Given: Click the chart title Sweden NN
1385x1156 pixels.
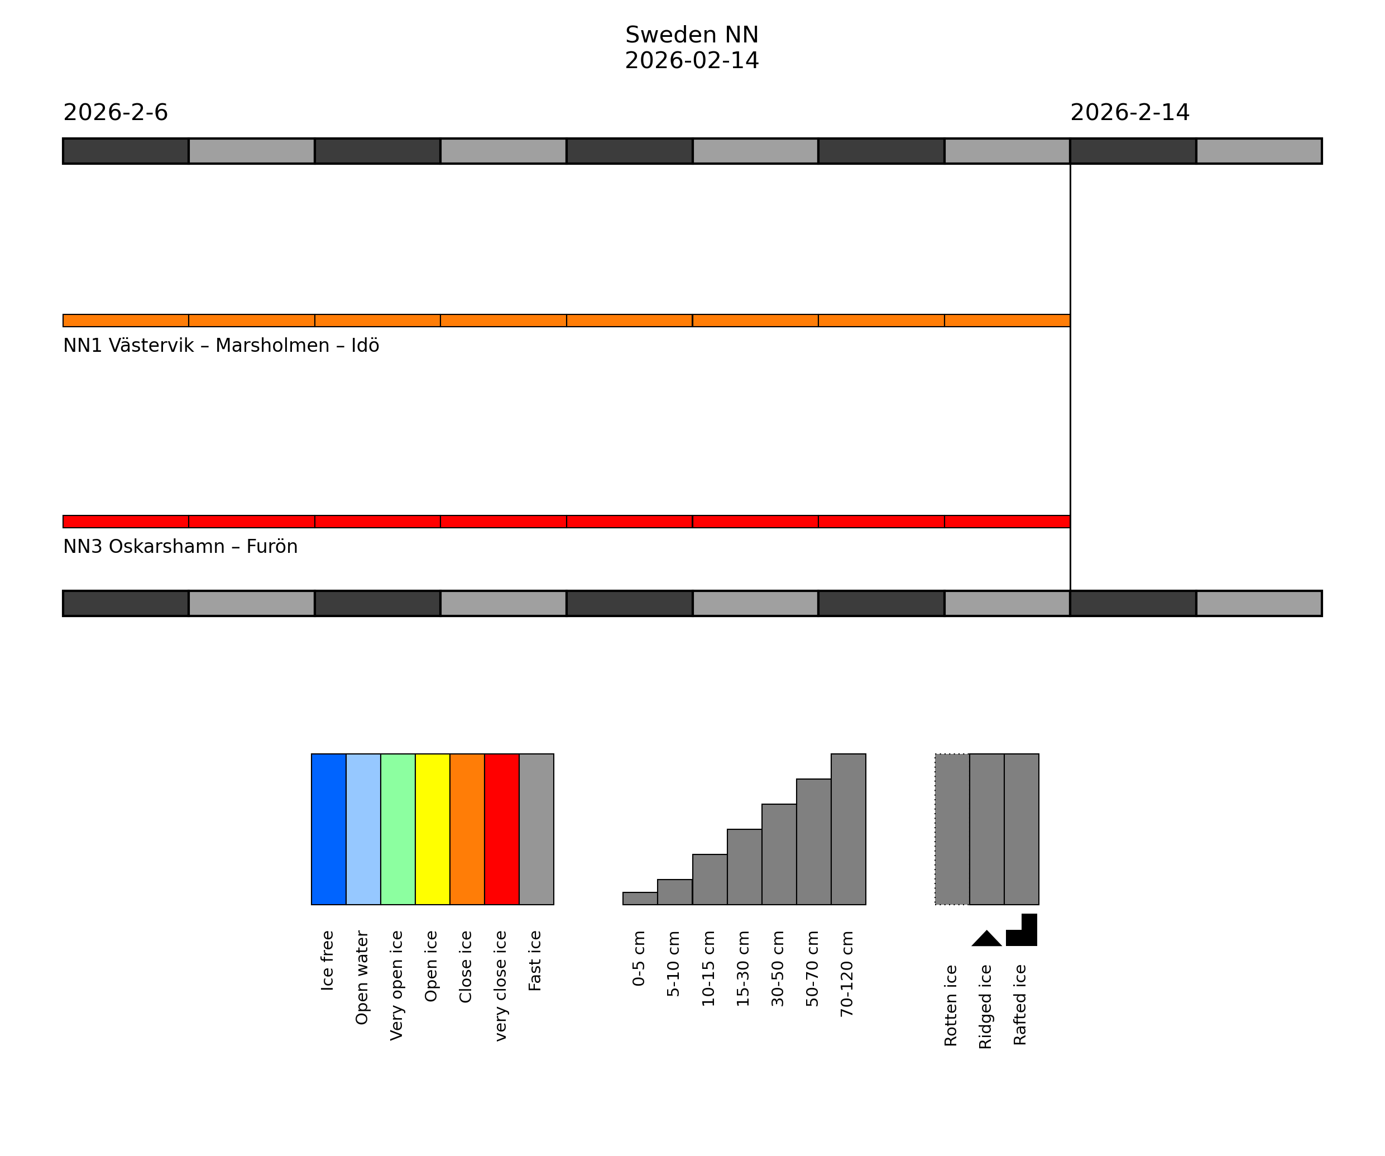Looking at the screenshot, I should pos(691,35).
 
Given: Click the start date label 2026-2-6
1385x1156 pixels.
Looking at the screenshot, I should pos(116,113).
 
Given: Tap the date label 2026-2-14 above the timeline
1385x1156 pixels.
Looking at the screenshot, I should pos(1129,113).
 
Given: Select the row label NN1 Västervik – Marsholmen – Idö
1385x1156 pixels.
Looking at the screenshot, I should pos(221,346).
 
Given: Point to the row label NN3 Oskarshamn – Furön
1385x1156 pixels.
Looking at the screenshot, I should pos(180,547).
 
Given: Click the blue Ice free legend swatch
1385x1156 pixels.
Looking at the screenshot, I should pos(328,829).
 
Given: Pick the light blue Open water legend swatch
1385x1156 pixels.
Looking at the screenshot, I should pos(363,829).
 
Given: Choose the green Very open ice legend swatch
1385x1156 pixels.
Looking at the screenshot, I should pos(397,829).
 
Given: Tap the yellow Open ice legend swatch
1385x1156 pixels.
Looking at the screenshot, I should pos(433,829).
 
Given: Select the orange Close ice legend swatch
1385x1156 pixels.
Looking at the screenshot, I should pos(467,829).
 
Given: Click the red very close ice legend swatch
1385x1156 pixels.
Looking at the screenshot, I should pos(502,829).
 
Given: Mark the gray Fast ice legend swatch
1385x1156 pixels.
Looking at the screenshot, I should pos(536,829).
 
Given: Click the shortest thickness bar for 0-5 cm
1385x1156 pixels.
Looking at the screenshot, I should pos(640,899).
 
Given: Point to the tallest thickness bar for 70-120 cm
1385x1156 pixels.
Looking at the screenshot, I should pos(848,829).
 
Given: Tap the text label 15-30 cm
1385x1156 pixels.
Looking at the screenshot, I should pos(743,968).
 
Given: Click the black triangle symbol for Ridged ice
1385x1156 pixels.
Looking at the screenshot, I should pos(986,939).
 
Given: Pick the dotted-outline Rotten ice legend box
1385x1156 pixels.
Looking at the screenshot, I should pos(952,829).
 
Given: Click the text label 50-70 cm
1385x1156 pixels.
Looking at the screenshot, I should pos(813,968).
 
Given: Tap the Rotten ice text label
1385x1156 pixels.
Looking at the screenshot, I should pos(950,1006).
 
